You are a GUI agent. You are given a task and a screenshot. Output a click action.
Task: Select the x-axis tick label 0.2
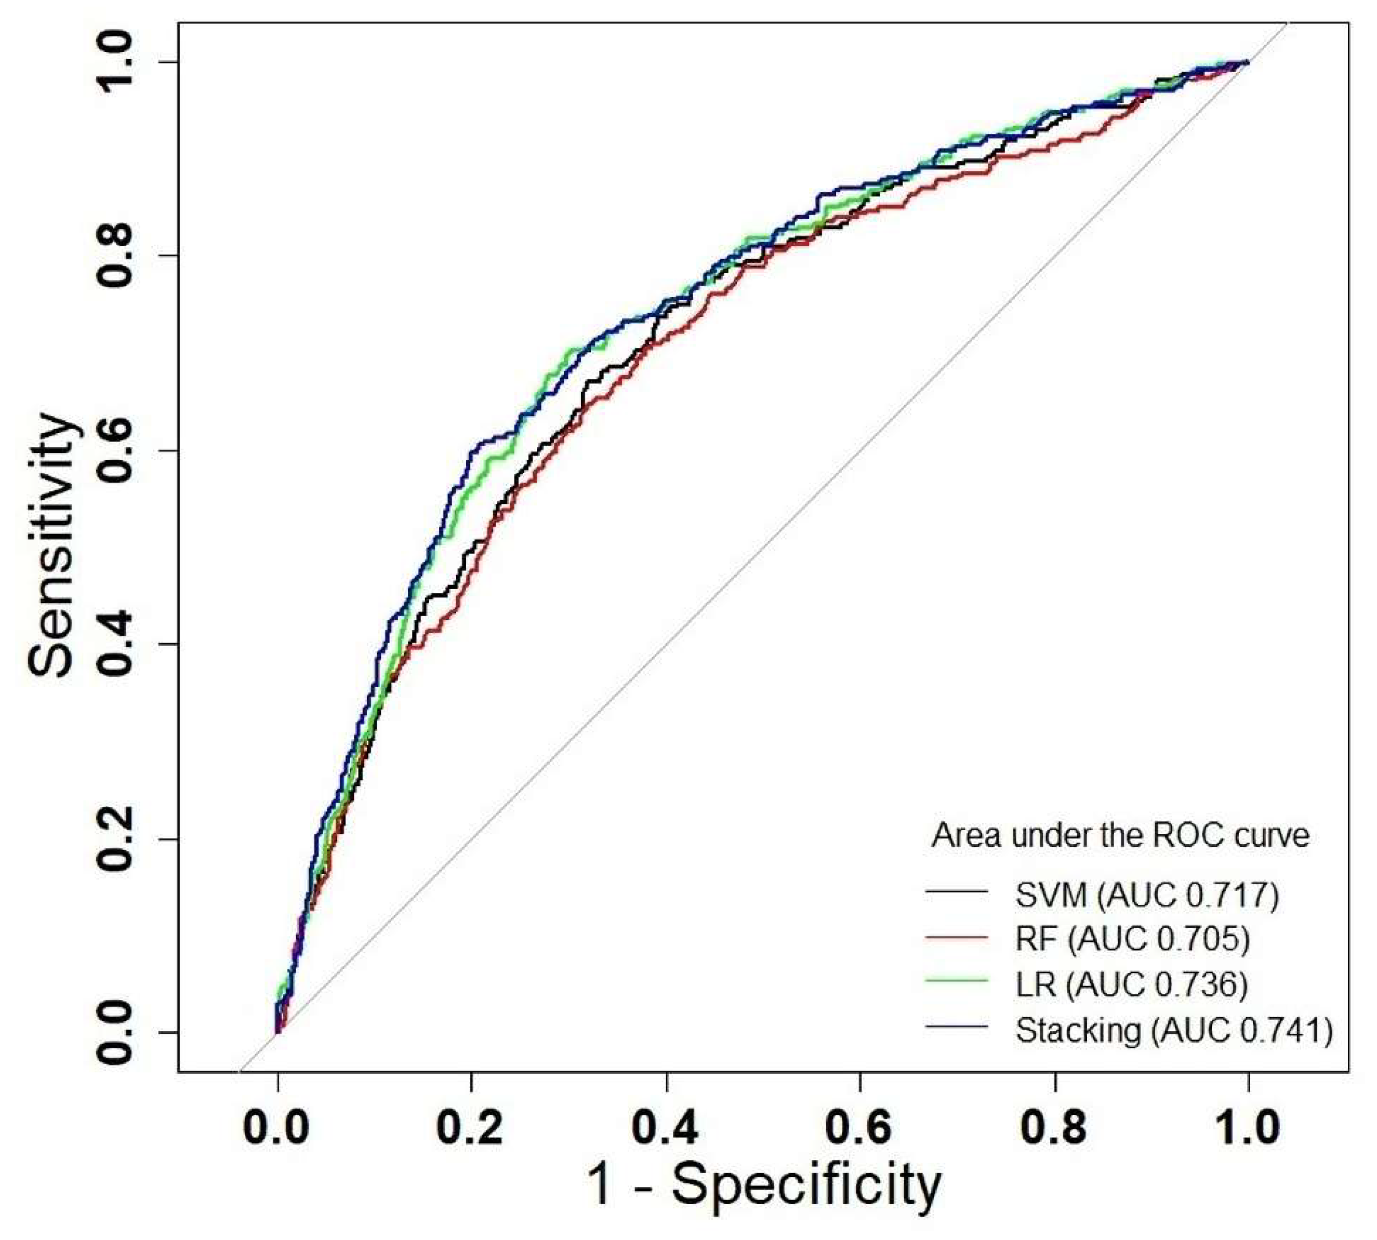click(470, 1128)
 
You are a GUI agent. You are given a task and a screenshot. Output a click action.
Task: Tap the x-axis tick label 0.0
click(276, 1128)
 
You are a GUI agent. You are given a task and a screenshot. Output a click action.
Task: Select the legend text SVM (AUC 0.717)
click(1147, 895)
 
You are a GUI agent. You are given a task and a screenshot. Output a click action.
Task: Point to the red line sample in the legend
click(956, 938)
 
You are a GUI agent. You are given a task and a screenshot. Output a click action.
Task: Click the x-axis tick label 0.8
click(1053, 1128)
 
